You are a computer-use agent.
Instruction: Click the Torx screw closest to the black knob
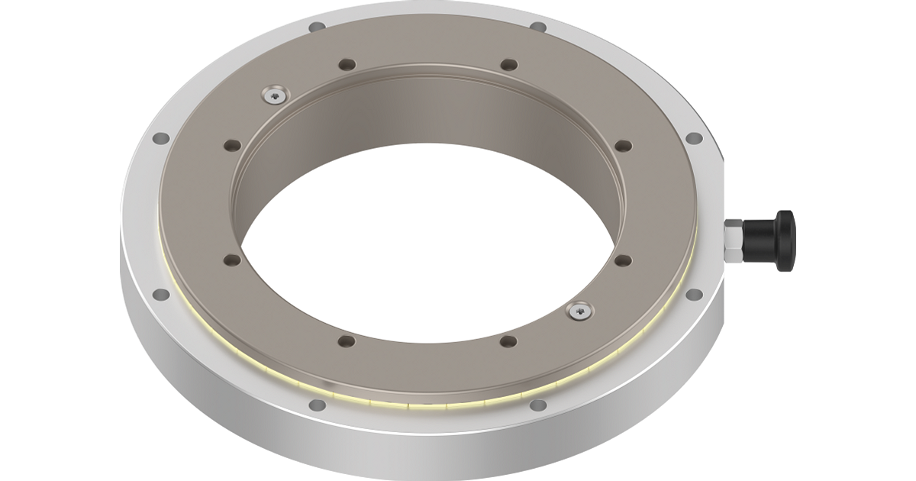[580, 310]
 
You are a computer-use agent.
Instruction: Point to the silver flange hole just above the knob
[694, 138]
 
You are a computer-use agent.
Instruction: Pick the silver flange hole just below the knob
[693, 294]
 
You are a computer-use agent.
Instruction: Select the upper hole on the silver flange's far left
[161, 139]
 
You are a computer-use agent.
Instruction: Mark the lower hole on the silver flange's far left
[161, 294]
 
